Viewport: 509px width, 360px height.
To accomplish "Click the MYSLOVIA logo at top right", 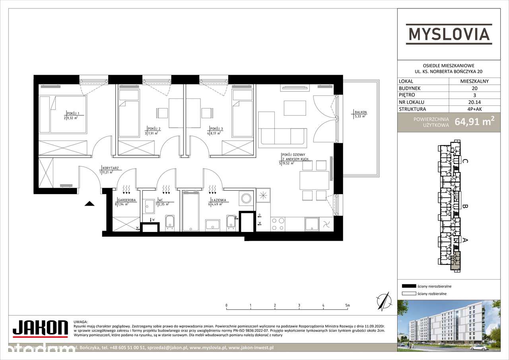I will (449, 33).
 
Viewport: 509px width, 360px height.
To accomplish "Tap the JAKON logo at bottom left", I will (40, 328).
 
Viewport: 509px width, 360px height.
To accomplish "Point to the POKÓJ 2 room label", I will (153, 129).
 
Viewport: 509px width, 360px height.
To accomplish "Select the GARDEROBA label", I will (124, 200).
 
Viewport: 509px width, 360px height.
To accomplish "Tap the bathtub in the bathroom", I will (192, 211).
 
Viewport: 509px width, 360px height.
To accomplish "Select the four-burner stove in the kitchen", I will (277, 224).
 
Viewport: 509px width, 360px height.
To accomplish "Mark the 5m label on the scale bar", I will (348, 306).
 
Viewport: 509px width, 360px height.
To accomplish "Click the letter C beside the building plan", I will (464, 161).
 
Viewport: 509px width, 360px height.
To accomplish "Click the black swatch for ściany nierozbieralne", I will (408, 286).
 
